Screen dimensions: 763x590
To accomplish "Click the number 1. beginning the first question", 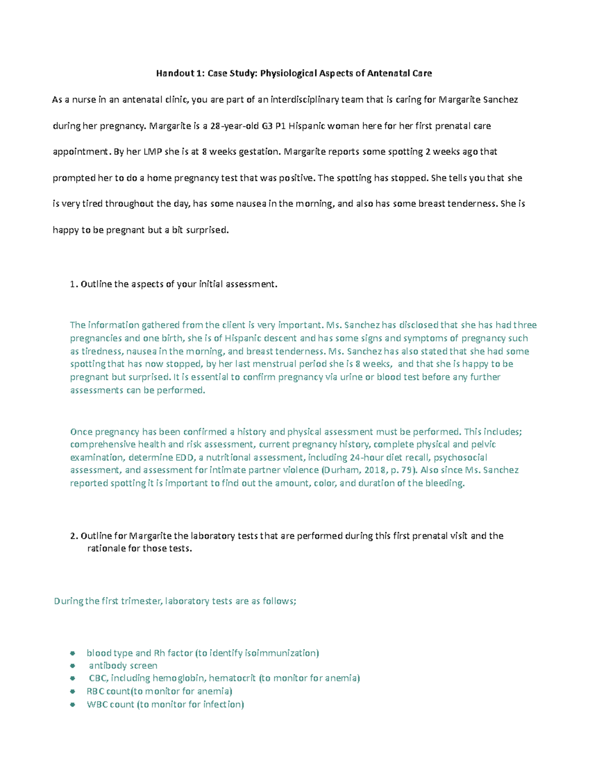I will tap(74, 284).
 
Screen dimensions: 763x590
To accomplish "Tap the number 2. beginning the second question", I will tap(74, 536).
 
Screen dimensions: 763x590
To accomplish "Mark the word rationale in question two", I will tap(106, 548).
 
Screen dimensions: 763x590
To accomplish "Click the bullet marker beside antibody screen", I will tap(73, 666).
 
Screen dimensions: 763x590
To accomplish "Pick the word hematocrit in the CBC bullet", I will tap(232, 678).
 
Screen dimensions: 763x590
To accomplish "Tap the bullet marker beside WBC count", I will tap(73, 705).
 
